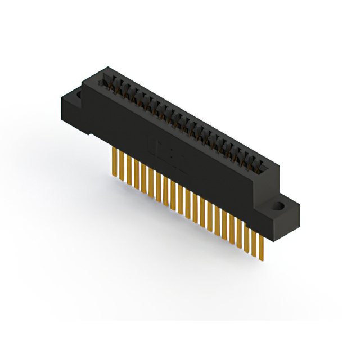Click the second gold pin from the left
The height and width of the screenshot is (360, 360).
pyautogui.click(x=122, y=166)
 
